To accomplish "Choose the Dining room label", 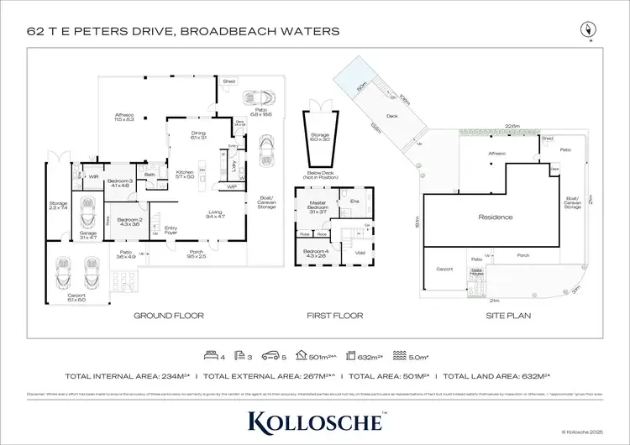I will (198, 134).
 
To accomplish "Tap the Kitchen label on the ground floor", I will (184, 174).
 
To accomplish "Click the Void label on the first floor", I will (360, 252).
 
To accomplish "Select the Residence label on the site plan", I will (495, 217).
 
